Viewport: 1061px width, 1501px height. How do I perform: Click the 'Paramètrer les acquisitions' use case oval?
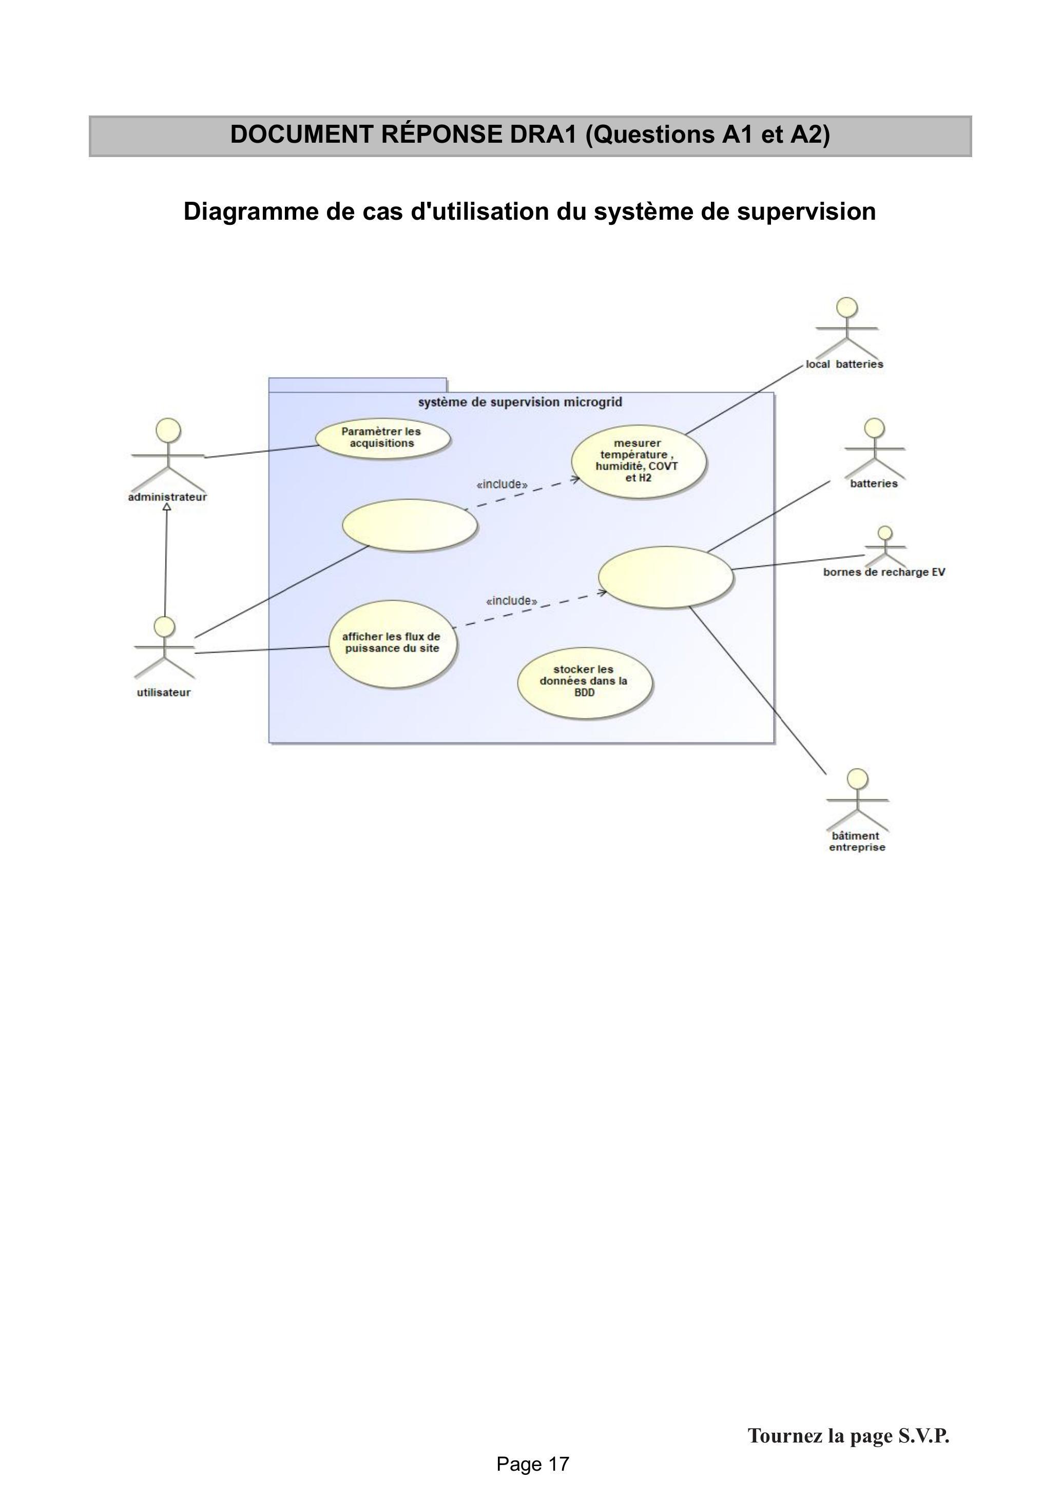[x=382, y=438]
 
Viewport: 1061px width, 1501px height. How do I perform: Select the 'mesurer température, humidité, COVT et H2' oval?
[x=639, y=461]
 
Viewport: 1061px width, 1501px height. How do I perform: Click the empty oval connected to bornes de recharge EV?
[x=665, y=578]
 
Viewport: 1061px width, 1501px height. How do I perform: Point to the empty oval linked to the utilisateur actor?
[x=410, y=525]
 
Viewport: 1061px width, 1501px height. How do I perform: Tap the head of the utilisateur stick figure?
[x=164, y=626]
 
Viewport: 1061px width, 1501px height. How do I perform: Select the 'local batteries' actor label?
[x=844, y=364]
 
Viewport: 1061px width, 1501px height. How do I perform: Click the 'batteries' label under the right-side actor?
[x=873, y=484]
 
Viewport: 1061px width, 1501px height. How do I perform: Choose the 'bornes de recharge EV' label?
[x=884, y=572]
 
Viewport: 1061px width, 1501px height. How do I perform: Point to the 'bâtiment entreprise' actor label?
[x=856, y=841]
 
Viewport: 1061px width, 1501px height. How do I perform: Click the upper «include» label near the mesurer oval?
[x=502, y=485]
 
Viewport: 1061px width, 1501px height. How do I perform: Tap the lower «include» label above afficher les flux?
[x=512, y=601]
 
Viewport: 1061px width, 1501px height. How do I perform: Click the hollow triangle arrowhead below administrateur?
[x=167, y=507]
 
